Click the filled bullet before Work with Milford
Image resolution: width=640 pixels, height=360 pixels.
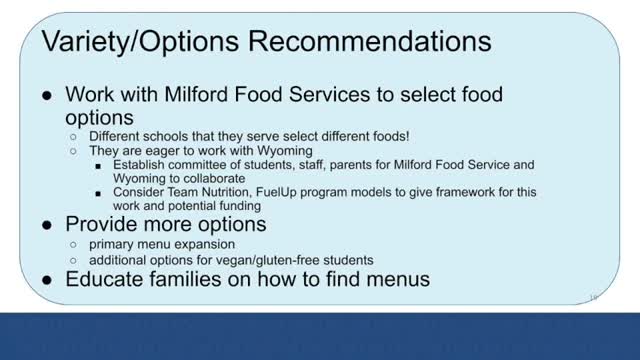click(x=47, y=95)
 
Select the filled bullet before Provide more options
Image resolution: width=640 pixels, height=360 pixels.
click(x=47, y=224)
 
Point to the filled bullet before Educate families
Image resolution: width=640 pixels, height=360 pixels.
click(x=47, y=280)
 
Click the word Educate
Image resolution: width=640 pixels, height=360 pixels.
click(x=105, y=280)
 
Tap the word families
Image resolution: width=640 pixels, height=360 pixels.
click(x=191, y=280)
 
